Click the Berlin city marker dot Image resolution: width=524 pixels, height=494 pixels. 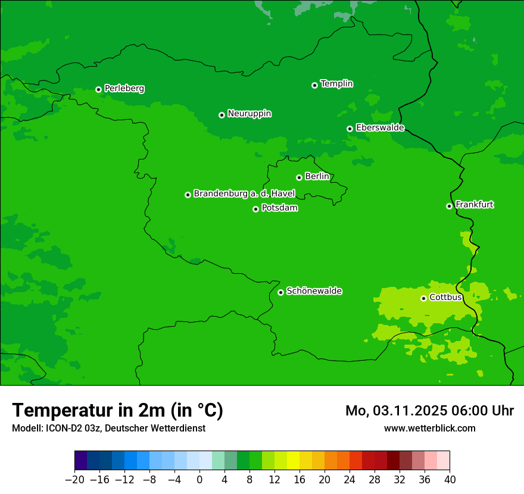click(299, 177)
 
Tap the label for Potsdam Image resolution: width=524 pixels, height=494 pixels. click(279, 208)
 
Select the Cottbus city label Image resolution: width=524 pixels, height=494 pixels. click(446, 297)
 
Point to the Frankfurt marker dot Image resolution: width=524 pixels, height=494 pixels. click(449, 206)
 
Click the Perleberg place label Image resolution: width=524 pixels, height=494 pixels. click(124, 89)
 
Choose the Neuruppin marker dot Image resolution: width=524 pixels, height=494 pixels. click(222, 115)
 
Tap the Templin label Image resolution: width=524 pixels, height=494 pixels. click(336, 84)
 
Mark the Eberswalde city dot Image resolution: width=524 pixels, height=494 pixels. click(350, 129)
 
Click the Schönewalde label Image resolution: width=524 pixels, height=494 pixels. click(314, 291)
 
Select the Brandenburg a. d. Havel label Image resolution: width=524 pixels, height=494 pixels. click(244, 194)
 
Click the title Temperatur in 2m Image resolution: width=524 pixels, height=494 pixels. click(117, 411)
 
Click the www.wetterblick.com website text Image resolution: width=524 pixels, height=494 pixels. click(429, 429)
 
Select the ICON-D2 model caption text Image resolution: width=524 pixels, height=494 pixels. click(108, 429)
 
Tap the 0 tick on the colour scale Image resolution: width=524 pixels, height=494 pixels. click(199, 480)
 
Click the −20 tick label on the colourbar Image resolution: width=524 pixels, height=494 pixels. click(74, 480)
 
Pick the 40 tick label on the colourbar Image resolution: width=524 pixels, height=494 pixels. click(450, 480)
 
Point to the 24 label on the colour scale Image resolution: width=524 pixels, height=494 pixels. click(350, 480)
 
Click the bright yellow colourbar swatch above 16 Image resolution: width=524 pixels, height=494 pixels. click(293, 461)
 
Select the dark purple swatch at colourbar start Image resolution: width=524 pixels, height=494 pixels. click(81, 461)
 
